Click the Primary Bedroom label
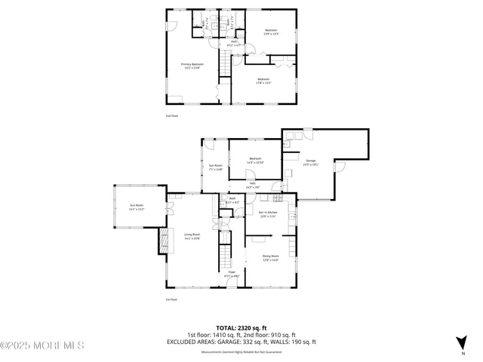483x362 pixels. [192, 66]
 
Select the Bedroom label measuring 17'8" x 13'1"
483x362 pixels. [263, 81]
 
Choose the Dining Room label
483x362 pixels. [270, 259]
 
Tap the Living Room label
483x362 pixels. [192, 236]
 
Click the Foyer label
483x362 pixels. [232, 274]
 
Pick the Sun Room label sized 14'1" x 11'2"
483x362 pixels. [137, 207]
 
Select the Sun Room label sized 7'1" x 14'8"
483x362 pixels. [216, 167]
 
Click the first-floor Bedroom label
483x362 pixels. [255, 161]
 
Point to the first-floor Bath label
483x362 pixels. [232, 201]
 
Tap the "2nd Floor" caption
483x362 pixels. [172, 115]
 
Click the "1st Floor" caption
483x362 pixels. [171, 300]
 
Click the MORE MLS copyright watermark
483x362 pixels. [42, 346]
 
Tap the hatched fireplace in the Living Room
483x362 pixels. [161, 241]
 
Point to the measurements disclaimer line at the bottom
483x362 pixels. [241, 352]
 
